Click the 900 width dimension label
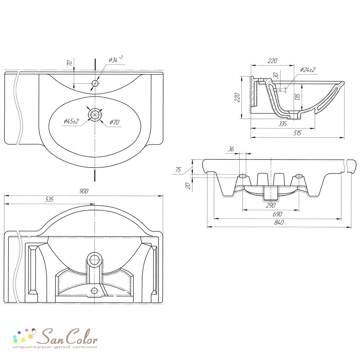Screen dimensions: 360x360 [84, 191]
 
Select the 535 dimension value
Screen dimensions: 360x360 [49, 199]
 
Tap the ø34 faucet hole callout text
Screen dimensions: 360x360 [116, 59]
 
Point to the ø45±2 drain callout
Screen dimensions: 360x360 [71, 121]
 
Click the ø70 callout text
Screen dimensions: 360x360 [114, 122]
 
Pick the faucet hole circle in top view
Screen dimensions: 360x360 [95, 83]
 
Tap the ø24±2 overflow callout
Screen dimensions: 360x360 [308, 69]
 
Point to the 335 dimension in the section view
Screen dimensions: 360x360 [282, 124]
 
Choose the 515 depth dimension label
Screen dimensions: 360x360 [297, 133]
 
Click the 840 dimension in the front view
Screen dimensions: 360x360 [279, 222]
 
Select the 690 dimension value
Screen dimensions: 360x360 [277, 214]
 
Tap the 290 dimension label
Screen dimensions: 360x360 [271, 205]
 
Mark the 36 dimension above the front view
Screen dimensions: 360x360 [231, 149]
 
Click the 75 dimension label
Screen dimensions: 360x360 [178, 170]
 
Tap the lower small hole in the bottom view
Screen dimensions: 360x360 [94, 291]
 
